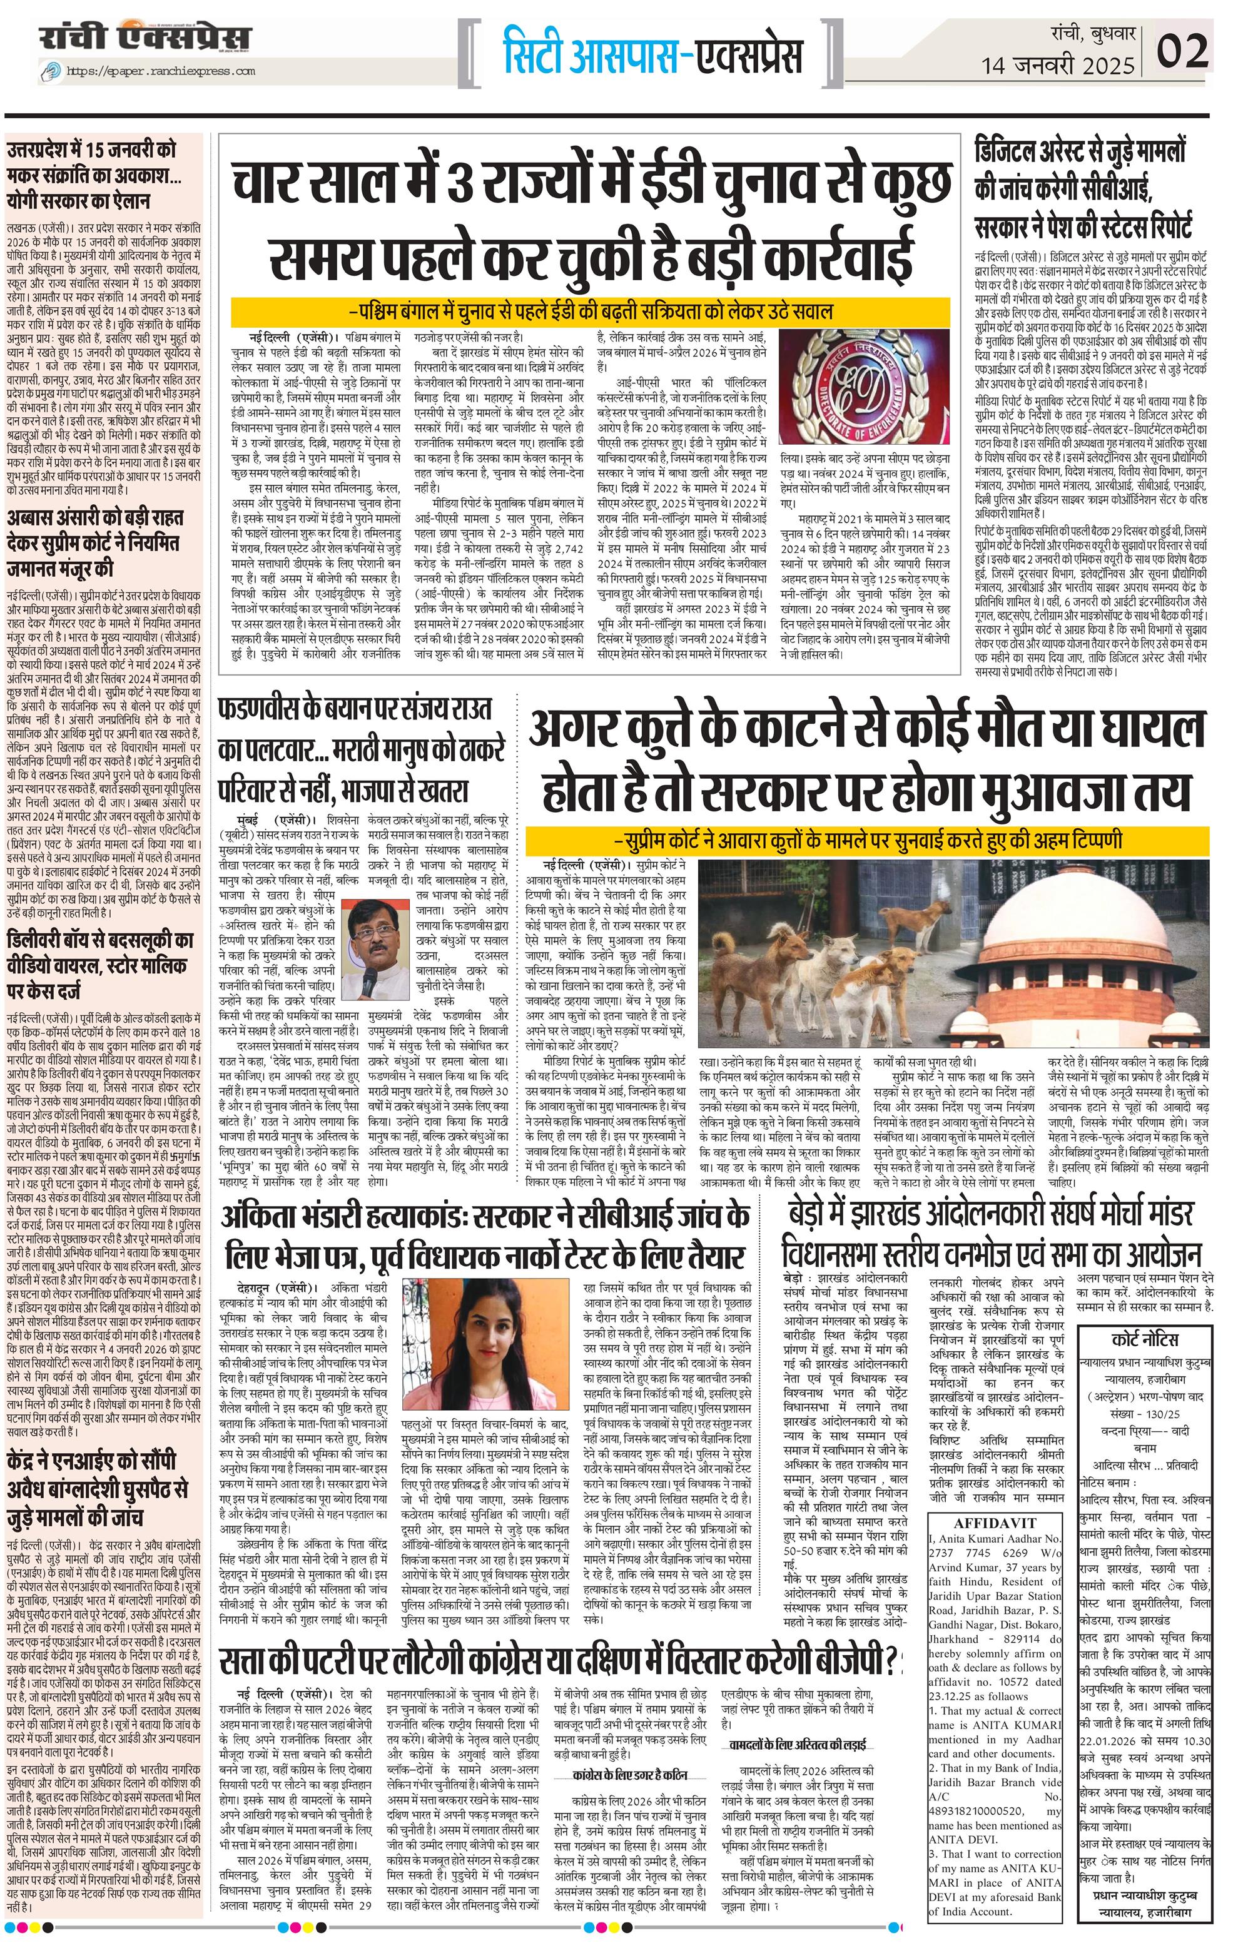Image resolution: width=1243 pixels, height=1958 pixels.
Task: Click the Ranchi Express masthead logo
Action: pyautogui.click(x=144, y=39)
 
